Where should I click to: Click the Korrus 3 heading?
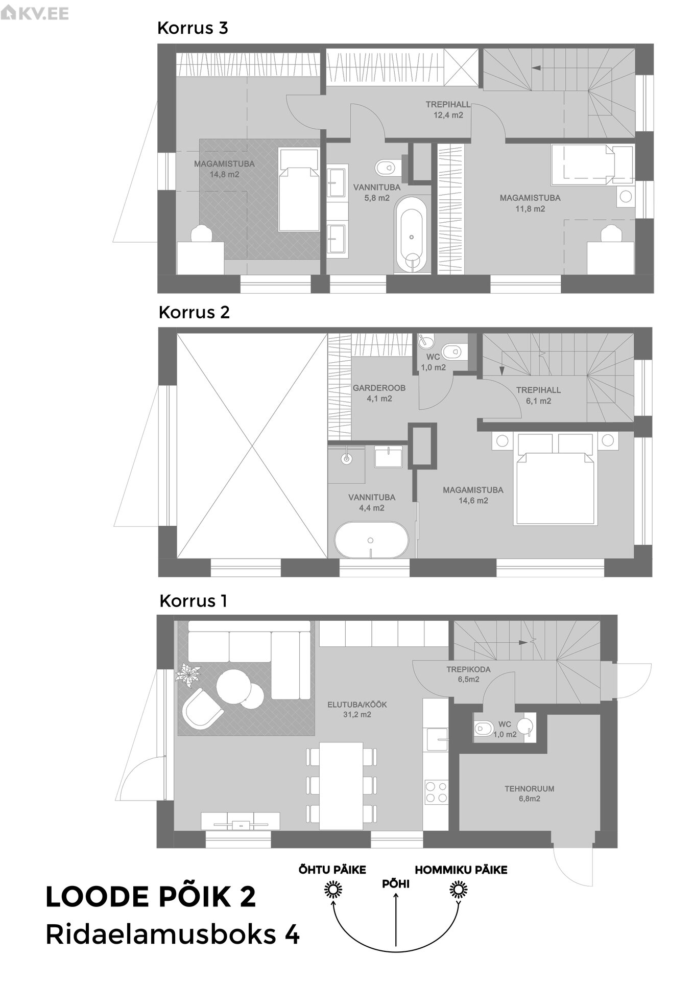point(193,28)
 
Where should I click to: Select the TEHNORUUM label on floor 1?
point(530,789)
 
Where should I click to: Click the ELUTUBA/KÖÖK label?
point(357,705)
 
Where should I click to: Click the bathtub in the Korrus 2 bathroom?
point(371,540)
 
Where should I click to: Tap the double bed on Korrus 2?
point(556,480)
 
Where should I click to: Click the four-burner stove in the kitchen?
point(437,792)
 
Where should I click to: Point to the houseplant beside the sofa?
point(188,674)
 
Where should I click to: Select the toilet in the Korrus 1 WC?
point(483,728)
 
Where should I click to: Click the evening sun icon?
point(333,891)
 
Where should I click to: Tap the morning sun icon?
point(458,891)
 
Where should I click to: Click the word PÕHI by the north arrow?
point(396,883)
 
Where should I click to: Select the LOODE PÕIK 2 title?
point(151,897)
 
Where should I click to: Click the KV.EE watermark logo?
point(35,13)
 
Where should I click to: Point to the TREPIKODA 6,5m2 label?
point(468,674)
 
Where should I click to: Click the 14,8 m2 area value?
point(224,174)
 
